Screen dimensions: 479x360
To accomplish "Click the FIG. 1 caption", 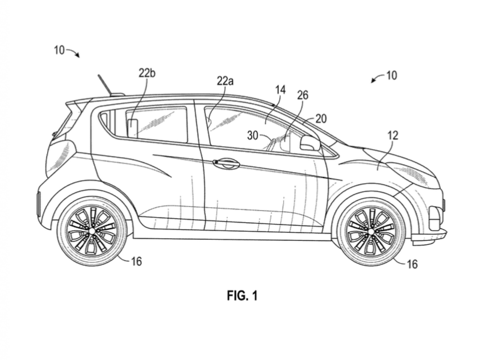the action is [242, 296].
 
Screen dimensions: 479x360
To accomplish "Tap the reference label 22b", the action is [147, 74].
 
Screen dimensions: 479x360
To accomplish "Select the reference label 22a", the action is [225, 81].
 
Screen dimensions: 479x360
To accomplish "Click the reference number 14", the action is [281, 90].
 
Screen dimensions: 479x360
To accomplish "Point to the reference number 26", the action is [303, 95].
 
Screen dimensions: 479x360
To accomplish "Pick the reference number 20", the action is [321, 119].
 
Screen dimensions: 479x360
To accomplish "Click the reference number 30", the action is [253, 136].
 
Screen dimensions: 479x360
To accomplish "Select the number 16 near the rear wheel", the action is [137, 261].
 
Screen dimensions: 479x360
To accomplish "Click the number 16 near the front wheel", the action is [412, 264].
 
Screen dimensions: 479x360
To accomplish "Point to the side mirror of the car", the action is [310, 143].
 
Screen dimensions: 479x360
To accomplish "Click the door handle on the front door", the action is [226, 163].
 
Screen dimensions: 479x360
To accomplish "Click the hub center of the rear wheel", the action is [92, 231].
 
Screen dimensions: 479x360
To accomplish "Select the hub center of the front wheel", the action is [371, 231].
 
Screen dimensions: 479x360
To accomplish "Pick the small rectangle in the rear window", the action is [133, 128].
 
